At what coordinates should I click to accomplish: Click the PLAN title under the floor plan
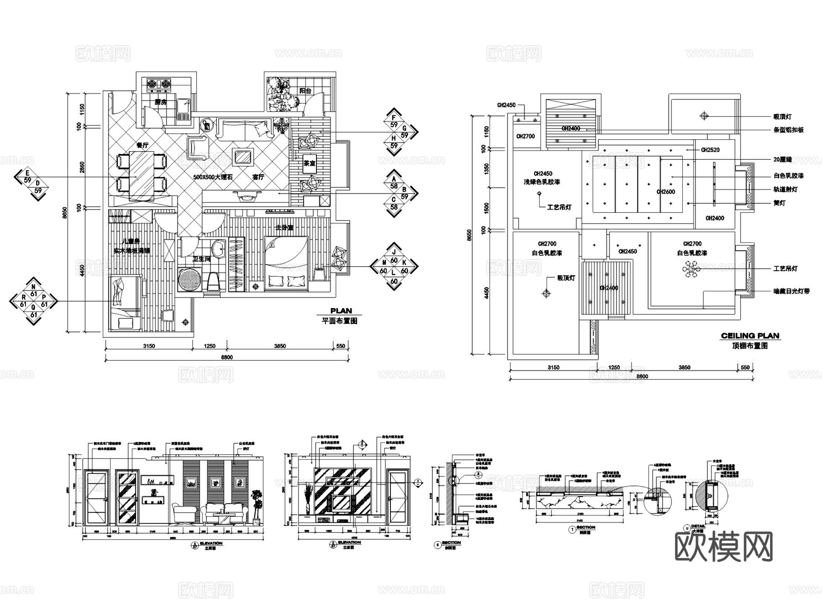[x=341, y=311]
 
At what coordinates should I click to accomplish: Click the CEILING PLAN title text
[x=750, y=336]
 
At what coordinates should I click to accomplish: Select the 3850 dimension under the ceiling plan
[x=684, y=367]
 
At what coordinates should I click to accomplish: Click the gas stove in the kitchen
[x=158, y=84]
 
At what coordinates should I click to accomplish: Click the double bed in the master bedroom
[x=285, y=263]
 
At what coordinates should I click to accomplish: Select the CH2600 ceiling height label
[x=665, y=192]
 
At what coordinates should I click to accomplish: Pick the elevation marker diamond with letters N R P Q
[x=33, y=301]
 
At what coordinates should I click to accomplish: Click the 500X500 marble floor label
[x=213, y=177]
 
